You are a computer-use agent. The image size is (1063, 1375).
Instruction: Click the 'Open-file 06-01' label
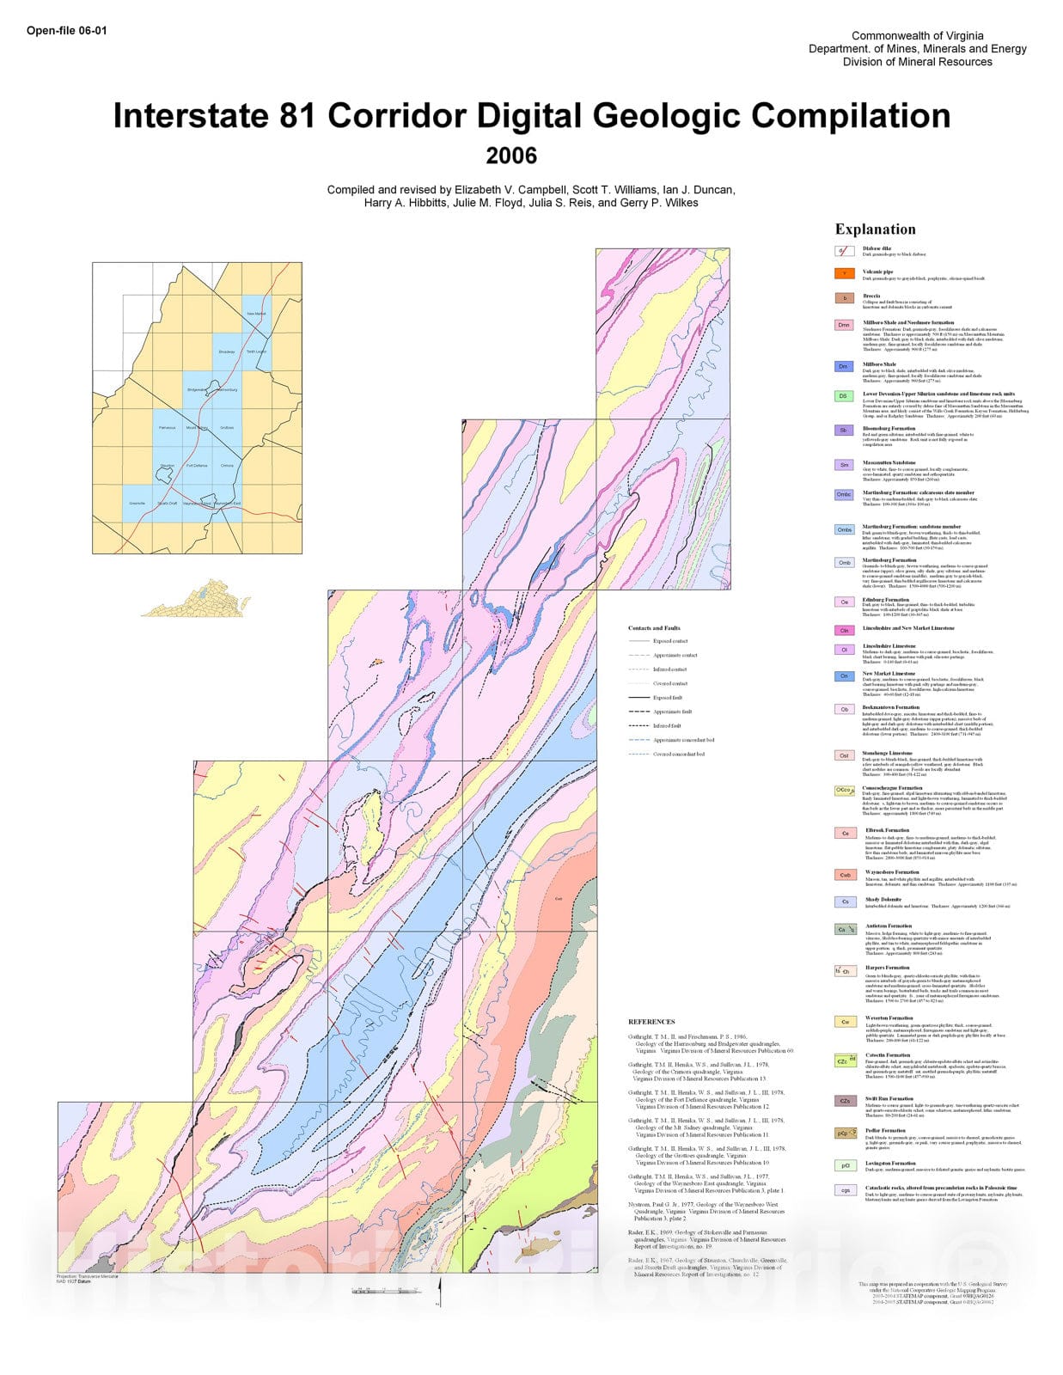[x=67, y=31]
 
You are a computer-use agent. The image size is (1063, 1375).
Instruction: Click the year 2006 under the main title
[x=511, y=156]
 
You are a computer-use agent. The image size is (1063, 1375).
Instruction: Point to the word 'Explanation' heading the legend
[x=875, y=229]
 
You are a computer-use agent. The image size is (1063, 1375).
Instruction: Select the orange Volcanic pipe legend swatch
[x=844, y=274]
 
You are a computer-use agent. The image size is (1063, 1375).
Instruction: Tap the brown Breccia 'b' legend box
[x=844, y=298]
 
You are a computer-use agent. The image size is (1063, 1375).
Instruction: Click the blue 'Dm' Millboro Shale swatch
[x=844, y=367]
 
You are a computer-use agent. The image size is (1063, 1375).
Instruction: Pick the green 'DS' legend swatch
[x=844, y=396]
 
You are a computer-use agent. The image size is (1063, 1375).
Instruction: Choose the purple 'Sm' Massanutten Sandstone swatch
[x=844, y=465]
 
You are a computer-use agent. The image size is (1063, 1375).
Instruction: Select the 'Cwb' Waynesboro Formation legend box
[x=844, y=875]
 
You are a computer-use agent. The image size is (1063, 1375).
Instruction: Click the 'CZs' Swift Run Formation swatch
[x=844, y=1101]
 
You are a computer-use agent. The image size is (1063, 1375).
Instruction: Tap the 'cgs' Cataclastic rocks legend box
[x=844, y=1190]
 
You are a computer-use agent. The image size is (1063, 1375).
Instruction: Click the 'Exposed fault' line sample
[x=638, y=698]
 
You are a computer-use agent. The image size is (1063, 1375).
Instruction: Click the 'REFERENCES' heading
[x=651, y=1022]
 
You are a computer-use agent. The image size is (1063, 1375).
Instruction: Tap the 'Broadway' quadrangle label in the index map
[x=227, y=352]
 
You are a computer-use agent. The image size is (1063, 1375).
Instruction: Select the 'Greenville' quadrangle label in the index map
[x=137, y=504]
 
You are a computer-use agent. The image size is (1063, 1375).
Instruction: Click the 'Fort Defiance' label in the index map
[x=197, y=466]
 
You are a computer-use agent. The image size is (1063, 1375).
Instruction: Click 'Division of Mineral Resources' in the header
[x=917, y=62]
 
